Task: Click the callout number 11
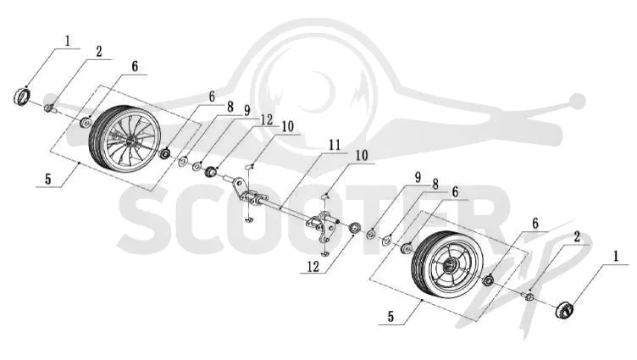[x=335, y=145]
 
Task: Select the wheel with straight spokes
[x=448, y=266]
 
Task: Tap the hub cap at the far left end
[x=22, y=97]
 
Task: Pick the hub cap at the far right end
[x=565, y=311]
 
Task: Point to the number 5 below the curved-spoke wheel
[x=48, y=179]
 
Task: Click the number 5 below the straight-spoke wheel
[x=391, y=316]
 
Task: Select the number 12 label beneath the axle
[x=313, y=267]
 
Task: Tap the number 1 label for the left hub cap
[x=67, y=40]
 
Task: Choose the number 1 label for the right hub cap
[x=616, y=256]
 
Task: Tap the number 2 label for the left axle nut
[x=99, y=52]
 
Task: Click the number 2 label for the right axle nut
[x=577, y=237]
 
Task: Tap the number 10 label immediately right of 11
[x=361, y=156]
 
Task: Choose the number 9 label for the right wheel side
[x=418, y=177]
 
